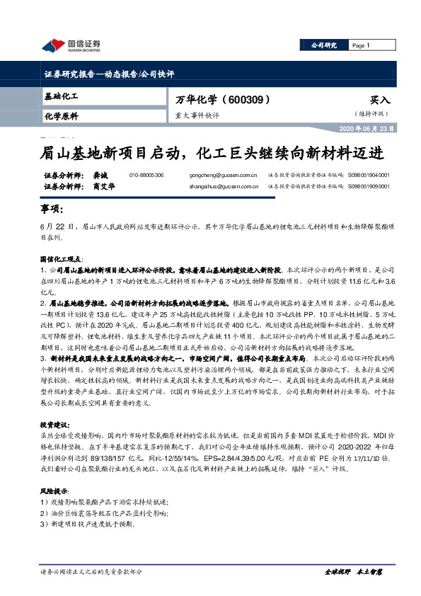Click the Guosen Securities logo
[71, 46]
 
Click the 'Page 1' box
[361, 45]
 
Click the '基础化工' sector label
[61, 96]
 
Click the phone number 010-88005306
[146, 174]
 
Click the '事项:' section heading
[52, 210]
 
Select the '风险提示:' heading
[55, 491]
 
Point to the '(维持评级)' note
[370, 113]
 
